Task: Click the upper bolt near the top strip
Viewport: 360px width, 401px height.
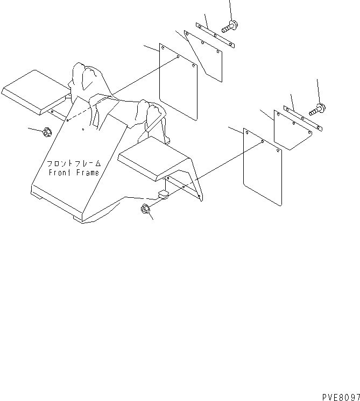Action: pyautogui.click(x=230, y=26)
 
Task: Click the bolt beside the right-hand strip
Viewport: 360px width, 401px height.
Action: pyautogui.click(x=317, y=110)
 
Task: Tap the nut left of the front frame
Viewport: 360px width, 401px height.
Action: pyautogui.click(x=46, y=132)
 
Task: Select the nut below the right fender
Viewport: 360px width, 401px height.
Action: pyautogui.click(x=145, y=209)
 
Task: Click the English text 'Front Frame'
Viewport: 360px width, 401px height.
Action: pyautogui.click(x=74, y=173)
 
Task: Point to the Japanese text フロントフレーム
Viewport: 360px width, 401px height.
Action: pyautogui.click(x=74, y=163)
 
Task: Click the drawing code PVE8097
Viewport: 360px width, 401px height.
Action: pyautogui.click(x=341, y=397)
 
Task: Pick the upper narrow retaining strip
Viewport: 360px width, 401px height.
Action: pyautogui.click(x=215, y=35)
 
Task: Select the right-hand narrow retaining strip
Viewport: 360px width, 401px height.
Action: pyautogui.click(x=303, y=118)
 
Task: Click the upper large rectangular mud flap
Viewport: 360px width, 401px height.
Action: pyautogui.click(x=178, y=82)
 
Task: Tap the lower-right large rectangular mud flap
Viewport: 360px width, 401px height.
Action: pyautogui.click(x=263, y=167)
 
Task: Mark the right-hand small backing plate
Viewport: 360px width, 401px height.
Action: pyautogui.click(x=293, y=130)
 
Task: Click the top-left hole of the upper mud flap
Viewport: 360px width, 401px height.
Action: pyautogui.click(x=163, y=47)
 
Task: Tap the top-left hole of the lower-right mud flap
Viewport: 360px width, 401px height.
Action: pyautogui.click(x=247, y=133)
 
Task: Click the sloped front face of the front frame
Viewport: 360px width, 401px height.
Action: pyautogui.click(x=80, y=153)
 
